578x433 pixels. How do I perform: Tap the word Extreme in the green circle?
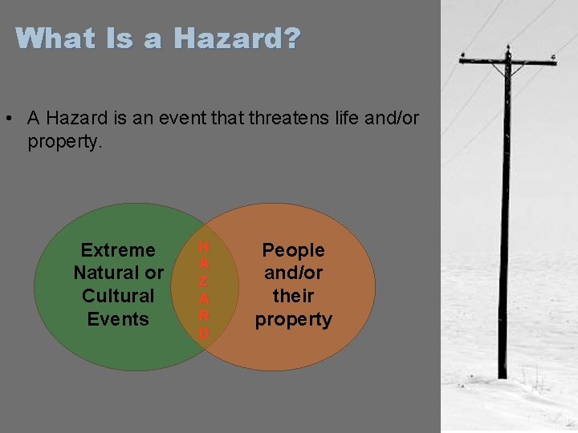coord(118,250)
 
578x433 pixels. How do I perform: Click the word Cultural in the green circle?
coord(118,296)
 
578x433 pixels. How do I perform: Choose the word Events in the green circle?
coord(118,319)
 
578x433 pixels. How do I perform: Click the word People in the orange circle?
coord(293,250)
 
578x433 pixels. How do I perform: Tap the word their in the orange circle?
coord(293,296)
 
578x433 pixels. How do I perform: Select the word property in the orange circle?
coord(293,319)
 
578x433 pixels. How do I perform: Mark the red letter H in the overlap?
coord(204,246)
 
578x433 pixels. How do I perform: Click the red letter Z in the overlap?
coord(204,281)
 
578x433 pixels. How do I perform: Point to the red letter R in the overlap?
coord(204,315)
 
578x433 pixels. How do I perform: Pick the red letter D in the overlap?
coord(204,333)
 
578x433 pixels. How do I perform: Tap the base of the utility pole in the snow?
coord(503,374)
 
